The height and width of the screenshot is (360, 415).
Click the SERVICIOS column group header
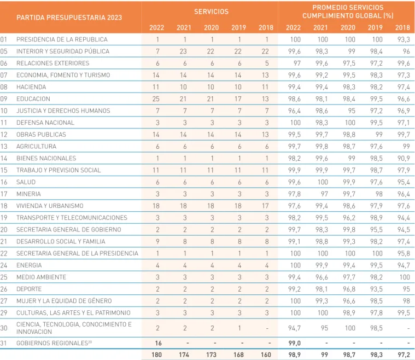tap(211, 11)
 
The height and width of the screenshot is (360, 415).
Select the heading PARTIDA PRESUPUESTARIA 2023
tap(69, 18)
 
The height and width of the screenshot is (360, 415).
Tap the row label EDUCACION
tap(33, 99)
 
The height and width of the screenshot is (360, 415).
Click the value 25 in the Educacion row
tap(156, 99)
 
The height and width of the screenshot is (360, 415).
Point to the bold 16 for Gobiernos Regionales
tap(158, 343)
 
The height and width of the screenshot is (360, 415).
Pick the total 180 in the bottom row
tap(157, 355)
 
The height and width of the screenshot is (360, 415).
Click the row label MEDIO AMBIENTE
tap(42, 277)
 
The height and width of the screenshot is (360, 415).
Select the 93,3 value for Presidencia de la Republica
tap(404, 39)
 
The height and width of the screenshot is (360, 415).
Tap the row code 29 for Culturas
tap(4, 313)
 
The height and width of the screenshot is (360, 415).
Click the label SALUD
tap(26, 182)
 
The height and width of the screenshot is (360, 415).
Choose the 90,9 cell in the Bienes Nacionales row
tap(404, 158)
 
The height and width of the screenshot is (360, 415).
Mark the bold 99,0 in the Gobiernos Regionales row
tap(294, 343)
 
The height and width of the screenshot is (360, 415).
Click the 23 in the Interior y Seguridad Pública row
tap(183, 51)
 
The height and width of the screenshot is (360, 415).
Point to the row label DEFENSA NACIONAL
tap(45, 123)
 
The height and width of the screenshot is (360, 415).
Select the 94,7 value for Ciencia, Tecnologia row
tap(294, 328)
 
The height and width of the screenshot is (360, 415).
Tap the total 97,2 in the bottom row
tap(404, 355)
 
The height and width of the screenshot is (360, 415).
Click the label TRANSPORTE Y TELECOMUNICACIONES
tap(72, 218)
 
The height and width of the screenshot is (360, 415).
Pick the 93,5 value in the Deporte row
tap(376, 289)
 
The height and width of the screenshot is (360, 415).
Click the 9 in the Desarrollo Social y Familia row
tap(157, 242)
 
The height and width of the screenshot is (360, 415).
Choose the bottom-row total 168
tap(238, 355)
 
